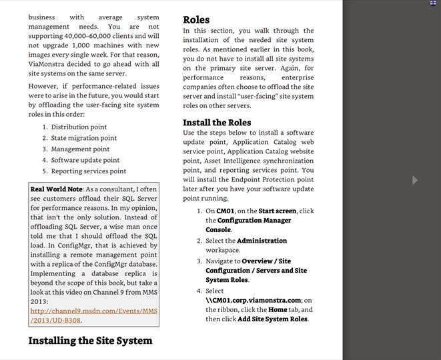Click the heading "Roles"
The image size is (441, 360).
click(196, 20)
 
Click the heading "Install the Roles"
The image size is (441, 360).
click(217, 123)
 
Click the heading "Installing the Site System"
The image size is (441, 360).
click(90, 341)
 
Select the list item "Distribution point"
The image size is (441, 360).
click(79, 127)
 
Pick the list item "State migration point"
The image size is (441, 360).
click(83, 138)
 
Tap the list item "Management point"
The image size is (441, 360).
click(80, 149)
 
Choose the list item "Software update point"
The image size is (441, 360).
click(85, 160)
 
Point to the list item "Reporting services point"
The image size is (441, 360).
click(89, 171)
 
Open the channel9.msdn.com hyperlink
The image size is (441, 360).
click(93, 315)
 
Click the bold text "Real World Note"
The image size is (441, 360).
click(56, 189)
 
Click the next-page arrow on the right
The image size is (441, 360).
click(415, 180)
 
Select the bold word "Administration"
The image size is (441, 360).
click(262, 241)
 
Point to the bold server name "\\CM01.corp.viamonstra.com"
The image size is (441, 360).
click(254, 300)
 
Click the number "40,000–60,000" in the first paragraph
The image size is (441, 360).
click(88, 35)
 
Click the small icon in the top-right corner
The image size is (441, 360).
click(433, 3)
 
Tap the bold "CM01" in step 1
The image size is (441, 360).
click(226, 211)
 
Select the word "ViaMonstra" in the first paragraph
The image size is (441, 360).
click(49, 64)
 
